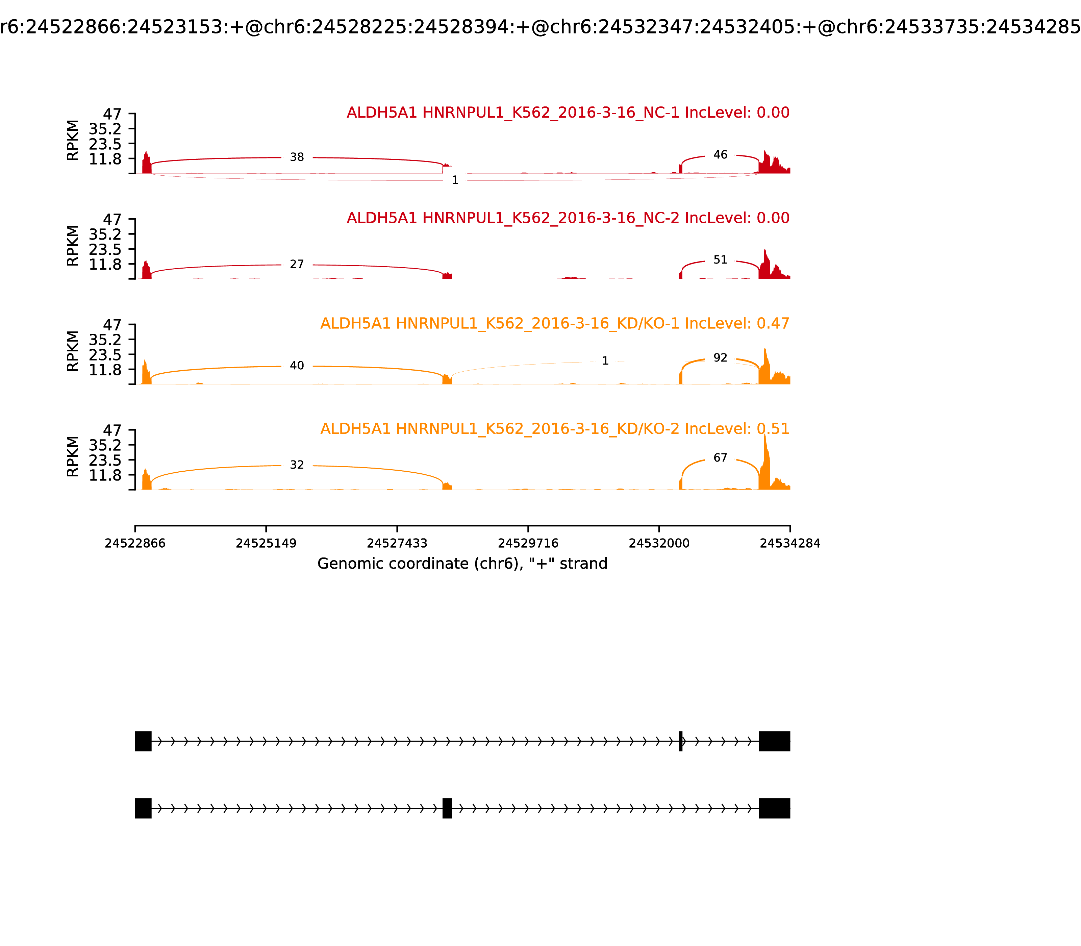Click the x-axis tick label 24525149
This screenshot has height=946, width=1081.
[266, 543]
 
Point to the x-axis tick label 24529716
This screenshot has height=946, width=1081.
[528, 543]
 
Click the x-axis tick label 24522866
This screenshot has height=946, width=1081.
[135, 543]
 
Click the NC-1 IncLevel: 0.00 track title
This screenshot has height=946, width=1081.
[568, 113]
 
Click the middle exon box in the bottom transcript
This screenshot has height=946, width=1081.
[447, 808]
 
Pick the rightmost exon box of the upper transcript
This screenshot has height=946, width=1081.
[774, 741]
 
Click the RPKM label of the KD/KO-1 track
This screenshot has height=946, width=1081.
[73, 351]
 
